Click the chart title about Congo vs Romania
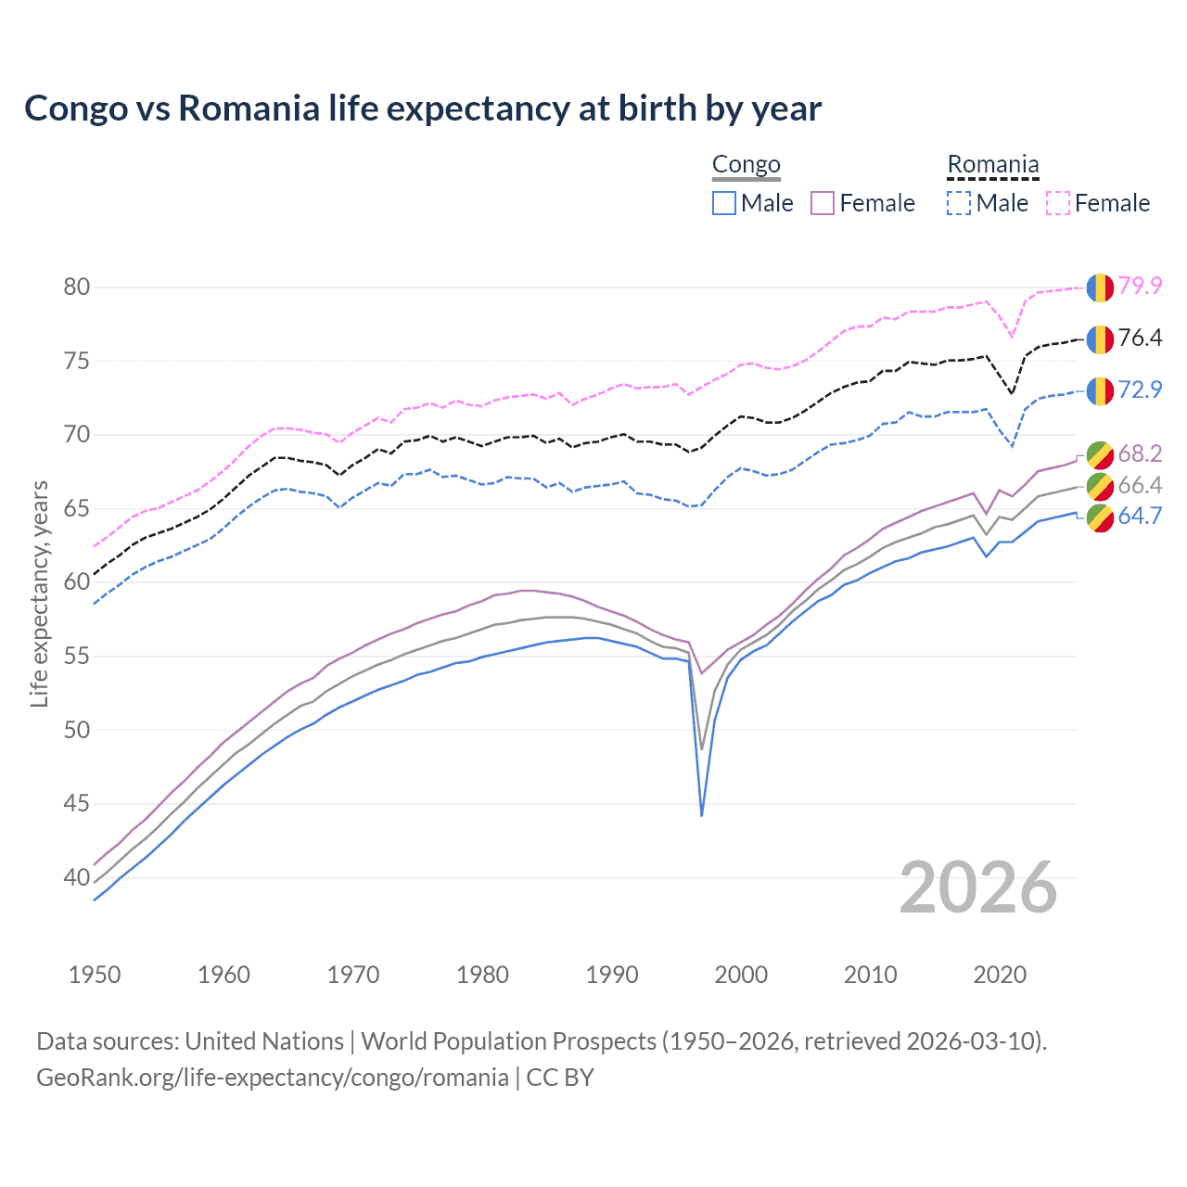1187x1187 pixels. [423, 108]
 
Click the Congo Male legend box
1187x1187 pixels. [724, 203]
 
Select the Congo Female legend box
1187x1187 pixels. [823, 203]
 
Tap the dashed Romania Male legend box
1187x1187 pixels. [959, 203]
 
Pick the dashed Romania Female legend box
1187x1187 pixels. [1058, 203]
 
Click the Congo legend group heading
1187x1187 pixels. [747, 165]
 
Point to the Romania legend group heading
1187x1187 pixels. [992, 165]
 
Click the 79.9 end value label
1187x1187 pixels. [1140, 286]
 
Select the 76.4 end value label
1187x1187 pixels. [1140, 338]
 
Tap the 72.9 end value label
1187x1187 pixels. [1140, 389]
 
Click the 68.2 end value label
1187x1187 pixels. [1140, 453]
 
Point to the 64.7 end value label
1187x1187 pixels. [1140, 516]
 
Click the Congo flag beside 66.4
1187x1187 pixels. [1100, 485]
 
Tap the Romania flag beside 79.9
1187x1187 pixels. [1100, 287]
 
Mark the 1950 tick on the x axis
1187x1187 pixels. [95, 975]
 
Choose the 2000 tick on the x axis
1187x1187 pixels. [741, 975]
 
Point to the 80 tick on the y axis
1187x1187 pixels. [76, 287]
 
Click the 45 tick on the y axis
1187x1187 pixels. [76, 803]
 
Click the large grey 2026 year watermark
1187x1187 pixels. [977, 887]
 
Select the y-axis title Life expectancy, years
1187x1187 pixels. [40, 593]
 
